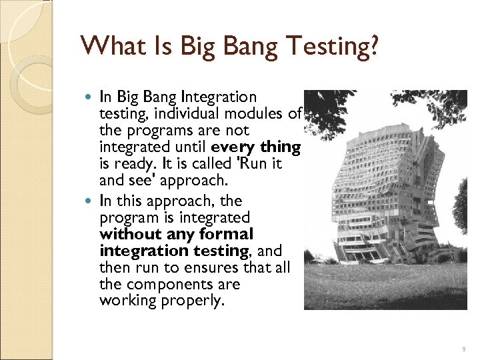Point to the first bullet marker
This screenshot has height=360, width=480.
(91, 98)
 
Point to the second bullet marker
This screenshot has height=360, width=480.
(91, 201)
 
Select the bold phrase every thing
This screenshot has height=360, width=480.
(256, 147)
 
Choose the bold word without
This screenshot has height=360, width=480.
(130, 234)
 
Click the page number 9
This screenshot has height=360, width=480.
(463, 349)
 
